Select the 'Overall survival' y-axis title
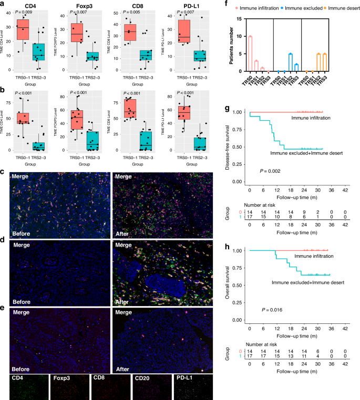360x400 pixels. [x=234, y=285]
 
